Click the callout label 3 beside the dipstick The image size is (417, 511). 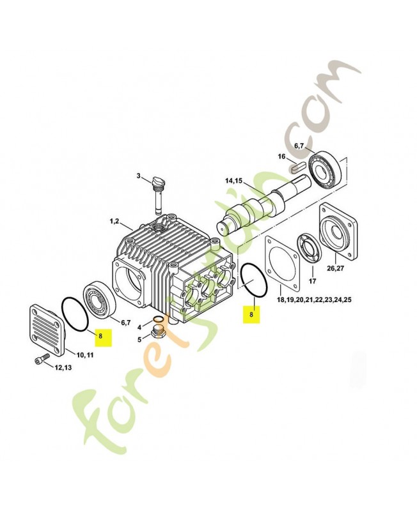point(138,176)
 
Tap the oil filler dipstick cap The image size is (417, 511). point(159,181)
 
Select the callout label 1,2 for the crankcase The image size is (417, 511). point(114,221)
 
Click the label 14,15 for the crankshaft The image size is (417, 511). point(233,181)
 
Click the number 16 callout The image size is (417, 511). point(281,156)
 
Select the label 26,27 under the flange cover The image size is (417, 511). point(335,268)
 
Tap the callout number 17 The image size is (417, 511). point(312,281)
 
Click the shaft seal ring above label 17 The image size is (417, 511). point(310,250)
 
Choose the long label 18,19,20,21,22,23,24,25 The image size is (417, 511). point(314,300)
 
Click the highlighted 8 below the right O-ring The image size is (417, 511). point(251,314)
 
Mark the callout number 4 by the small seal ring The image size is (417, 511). point(139,327)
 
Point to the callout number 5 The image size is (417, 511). point(139,340)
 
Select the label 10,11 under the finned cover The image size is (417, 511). point(85,355)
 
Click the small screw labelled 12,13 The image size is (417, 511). point(42,360)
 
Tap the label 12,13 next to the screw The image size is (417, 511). point(63,368)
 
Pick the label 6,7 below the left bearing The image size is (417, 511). point(125,323)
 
